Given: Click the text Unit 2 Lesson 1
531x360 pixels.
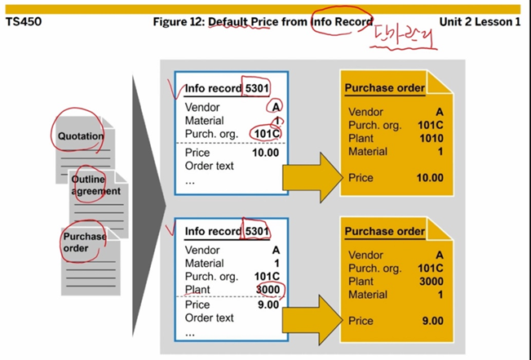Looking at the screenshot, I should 482,22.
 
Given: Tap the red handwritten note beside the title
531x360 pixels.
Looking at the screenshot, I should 405,38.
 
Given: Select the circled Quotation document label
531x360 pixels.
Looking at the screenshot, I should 81,136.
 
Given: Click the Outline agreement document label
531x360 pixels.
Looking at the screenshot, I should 95,185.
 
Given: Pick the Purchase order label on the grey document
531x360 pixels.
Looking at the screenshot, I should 84,242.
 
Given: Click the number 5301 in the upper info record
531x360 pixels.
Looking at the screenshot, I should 257,88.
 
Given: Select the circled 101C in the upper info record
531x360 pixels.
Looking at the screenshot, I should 266,134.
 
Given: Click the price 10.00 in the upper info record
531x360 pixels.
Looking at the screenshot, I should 265,153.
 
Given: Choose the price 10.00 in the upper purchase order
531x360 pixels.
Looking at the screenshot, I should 429,177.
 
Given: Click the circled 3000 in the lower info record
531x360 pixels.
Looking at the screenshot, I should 267,290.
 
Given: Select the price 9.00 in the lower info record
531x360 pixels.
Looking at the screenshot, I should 268,304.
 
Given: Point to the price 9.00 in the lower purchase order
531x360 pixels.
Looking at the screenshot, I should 432,321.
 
